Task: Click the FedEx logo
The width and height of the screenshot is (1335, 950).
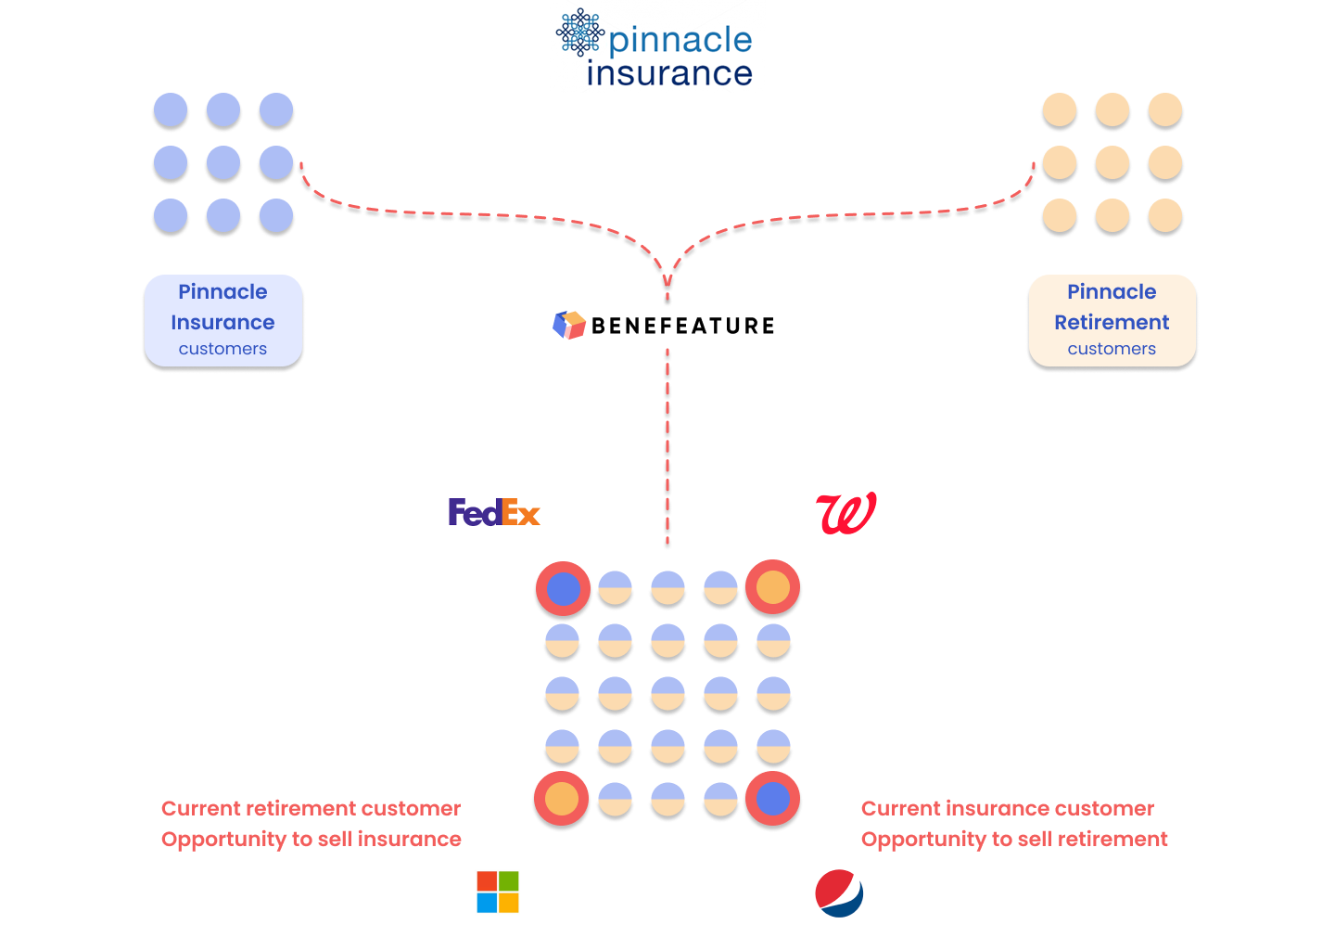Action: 493,513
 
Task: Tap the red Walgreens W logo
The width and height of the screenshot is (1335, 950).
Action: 845,513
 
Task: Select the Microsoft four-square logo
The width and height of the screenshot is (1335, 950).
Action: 498,892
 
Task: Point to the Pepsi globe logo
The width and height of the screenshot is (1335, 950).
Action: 839,892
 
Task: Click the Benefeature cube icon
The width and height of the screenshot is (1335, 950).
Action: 569,325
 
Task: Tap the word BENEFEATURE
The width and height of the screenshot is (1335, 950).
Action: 682,326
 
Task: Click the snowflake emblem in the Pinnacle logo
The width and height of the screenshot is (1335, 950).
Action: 580,32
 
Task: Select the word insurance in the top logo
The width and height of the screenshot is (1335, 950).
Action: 669,73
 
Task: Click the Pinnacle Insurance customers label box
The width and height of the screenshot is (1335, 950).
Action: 223,320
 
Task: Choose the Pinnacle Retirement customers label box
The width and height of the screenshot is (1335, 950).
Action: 1112,320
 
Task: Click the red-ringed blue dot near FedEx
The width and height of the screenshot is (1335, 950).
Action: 563,588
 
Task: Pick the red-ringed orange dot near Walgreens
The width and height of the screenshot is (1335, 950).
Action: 772,587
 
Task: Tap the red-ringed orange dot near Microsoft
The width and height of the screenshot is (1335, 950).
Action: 562,799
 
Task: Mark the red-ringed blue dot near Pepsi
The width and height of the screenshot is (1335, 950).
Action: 772,799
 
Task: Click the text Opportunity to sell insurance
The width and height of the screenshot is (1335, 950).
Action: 311,839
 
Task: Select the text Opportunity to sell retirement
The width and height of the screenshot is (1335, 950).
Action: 1014,839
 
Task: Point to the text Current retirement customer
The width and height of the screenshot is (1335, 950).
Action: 311,808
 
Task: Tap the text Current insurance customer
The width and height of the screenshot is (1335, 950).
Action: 1008,808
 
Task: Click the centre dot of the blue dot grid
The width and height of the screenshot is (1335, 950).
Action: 223,163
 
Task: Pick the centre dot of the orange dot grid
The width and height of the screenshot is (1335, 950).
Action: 1112,163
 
